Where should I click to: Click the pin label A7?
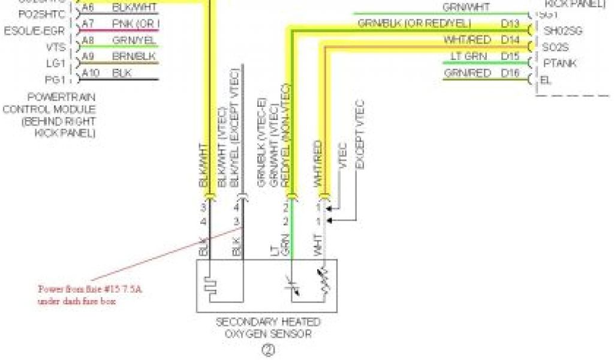pos(88,24)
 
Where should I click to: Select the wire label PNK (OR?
pos(136,24)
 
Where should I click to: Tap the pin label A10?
pos(90,73)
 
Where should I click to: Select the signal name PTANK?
pos(559,63)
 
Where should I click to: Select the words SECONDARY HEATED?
pos(267,322)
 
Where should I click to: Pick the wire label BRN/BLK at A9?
pos(134,57)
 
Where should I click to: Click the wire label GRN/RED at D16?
pos(467,73)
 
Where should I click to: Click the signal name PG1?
pos(52,79)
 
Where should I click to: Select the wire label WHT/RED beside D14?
pos(467,40)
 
